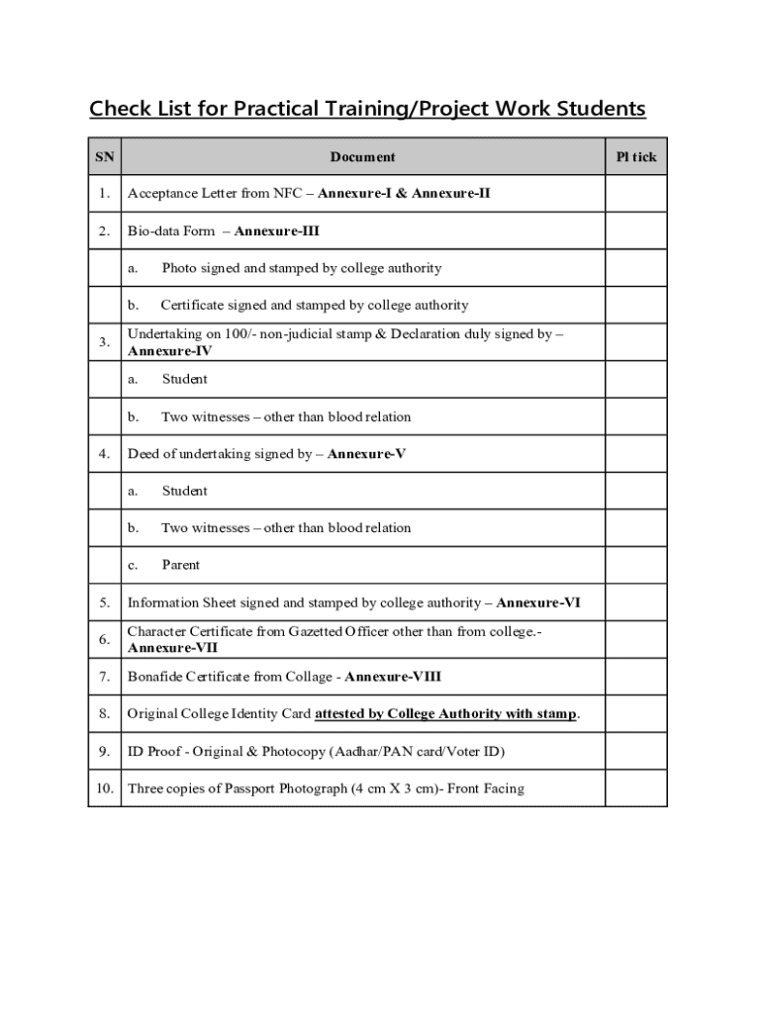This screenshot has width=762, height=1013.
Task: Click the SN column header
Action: coord(104,156)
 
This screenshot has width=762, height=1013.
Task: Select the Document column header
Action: coord(362,156)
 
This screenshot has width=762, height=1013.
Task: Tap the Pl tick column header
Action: coord(635,156)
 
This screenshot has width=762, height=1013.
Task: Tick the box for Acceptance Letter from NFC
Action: coord(635,194)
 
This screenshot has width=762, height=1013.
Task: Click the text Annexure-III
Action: coord(276,231)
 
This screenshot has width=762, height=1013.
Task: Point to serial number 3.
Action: coord(104,342)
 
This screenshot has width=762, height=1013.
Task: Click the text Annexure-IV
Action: coord(169,351)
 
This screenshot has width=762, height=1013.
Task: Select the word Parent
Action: coord(180,566)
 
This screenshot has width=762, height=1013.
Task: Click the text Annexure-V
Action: coord(366,454)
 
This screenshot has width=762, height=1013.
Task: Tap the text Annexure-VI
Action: coord(537,602)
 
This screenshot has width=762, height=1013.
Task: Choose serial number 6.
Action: coord(104,639)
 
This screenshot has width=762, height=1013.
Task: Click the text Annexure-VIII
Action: coord(393,678)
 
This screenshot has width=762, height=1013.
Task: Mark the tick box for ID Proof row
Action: coord(635,752)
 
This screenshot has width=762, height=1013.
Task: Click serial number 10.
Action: coord(104,788)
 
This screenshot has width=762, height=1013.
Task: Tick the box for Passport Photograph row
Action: coord(635,788)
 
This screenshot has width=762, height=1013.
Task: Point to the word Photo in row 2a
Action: coord(179,268)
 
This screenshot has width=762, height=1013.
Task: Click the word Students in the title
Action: coord(602,108)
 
